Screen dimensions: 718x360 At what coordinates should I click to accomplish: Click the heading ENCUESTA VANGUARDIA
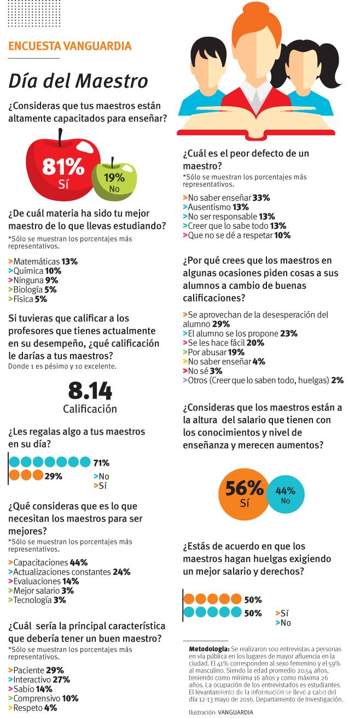[70, 47]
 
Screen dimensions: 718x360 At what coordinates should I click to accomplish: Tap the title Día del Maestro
[78, 81]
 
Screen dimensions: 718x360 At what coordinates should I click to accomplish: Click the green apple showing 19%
[114, 180]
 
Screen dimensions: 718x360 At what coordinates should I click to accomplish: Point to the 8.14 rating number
[90, 391]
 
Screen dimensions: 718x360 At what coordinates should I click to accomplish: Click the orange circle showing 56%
[244, 491]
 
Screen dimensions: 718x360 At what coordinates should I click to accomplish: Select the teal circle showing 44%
[285, 495]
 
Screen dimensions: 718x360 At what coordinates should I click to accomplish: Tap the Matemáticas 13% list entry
[43, 262]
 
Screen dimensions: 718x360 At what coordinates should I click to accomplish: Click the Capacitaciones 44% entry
[48, 562]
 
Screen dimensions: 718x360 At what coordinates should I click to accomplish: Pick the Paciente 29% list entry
[36, 670]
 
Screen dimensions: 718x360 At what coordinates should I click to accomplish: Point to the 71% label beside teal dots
[101, 463]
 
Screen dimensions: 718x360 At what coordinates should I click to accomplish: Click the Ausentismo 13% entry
[211, 207]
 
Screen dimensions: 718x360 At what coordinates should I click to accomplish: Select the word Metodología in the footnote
[209, 648]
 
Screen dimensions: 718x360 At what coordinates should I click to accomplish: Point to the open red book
[256, 123]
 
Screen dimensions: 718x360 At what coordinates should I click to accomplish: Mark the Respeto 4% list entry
[33, 708]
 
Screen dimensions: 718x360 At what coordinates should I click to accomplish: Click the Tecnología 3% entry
[37, 600]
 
